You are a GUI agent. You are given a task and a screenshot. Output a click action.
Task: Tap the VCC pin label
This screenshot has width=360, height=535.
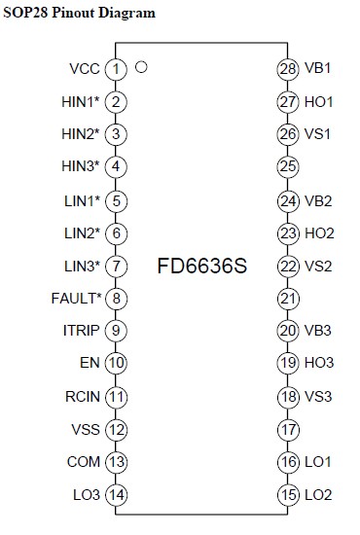85,69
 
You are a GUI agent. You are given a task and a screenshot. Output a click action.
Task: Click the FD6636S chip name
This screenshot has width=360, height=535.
202,266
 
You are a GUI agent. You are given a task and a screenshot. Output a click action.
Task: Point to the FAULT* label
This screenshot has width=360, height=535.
77,299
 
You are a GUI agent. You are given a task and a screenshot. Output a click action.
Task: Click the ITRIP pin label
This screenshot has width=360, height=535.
81,331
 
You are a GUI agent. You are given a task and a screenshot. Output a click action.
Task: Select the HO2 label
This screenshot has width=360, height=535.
319,233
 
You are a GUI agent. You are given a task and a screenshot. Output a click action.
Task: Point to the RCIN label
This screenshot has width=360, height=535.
83,397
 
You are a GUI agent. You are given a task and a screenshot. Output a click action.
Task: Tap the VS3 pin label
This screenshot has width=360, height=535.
318,397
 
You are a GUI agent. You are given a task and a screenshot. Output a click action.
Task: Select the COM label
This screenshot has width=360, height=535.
84,462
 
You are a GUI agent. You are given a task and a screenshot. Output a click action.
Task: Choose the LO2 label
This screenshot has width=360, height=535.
318,495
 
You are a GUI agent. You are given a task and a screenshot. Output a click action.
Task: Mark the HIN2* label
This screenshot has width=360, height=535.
81,134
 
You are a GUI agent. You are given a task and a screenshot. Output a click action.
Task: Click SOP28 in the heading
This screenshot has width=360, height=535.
26,13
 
